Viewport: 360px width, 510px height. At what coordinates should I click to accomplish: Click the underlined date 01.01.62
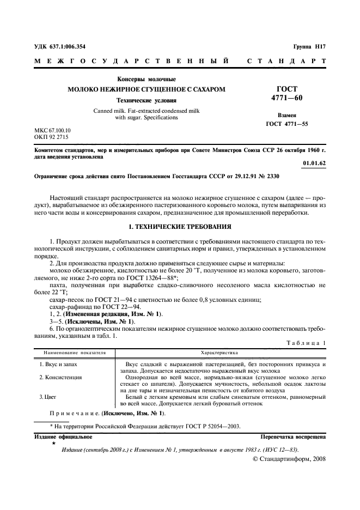coord(314,163)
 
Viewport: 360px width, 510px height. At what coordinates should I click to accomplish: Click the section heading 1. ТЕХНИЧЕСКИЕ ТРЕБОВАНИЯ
coord(180,226)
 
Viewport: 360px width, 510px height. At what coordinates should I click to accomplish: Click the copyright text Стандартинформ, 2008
coord(292,459)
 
